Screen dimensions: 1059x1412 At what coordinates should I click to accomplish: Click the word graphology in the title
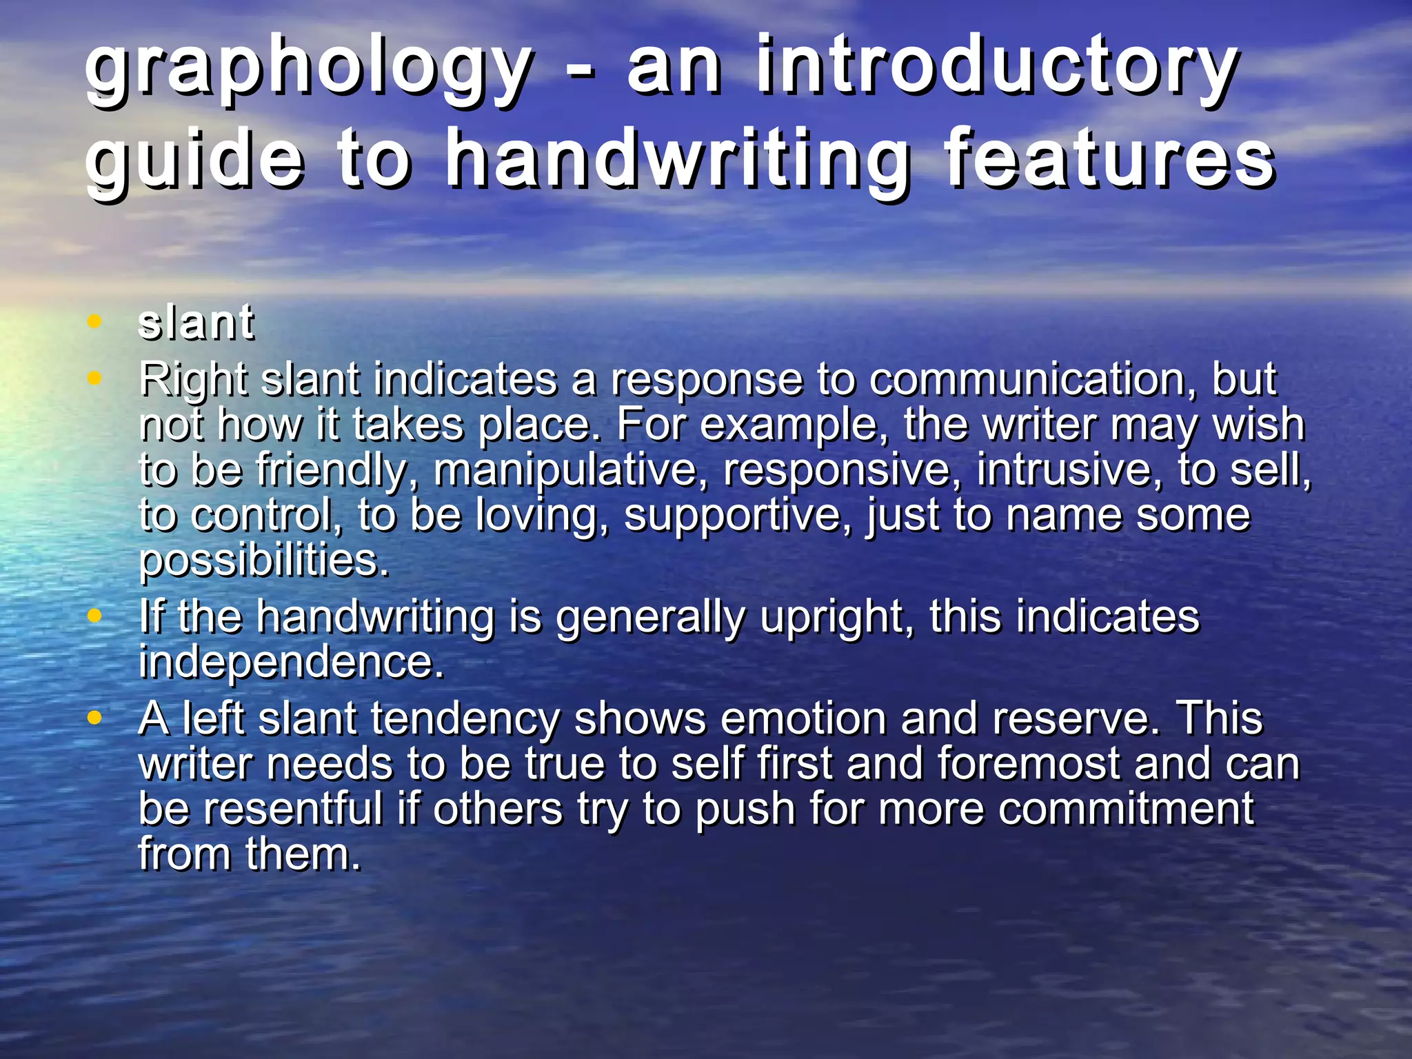point(307,69)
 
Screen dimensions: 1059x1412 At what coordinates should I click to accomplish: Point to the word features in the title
point(1109,160)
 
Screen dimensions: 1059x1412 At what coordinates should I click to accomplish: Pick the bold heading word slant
point(196,323)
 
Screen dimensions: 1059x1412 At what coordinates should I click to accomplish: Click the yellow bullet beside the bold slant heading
point(95,321)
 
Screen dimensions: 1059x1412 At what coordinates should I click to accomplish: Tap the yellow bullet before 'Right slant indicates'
point(95,378)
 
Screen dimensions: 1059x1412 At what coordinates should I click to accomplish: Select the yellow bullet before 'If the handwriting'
point(95,614)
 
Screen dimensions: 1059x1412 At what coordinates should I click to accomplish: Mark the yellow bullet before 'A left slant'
point(95,718)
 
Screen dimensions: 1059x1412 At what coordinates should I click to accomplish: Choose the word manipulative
point(565,470)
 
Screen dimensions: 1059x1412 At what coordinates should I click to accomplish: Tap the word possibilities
point(264,561)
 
